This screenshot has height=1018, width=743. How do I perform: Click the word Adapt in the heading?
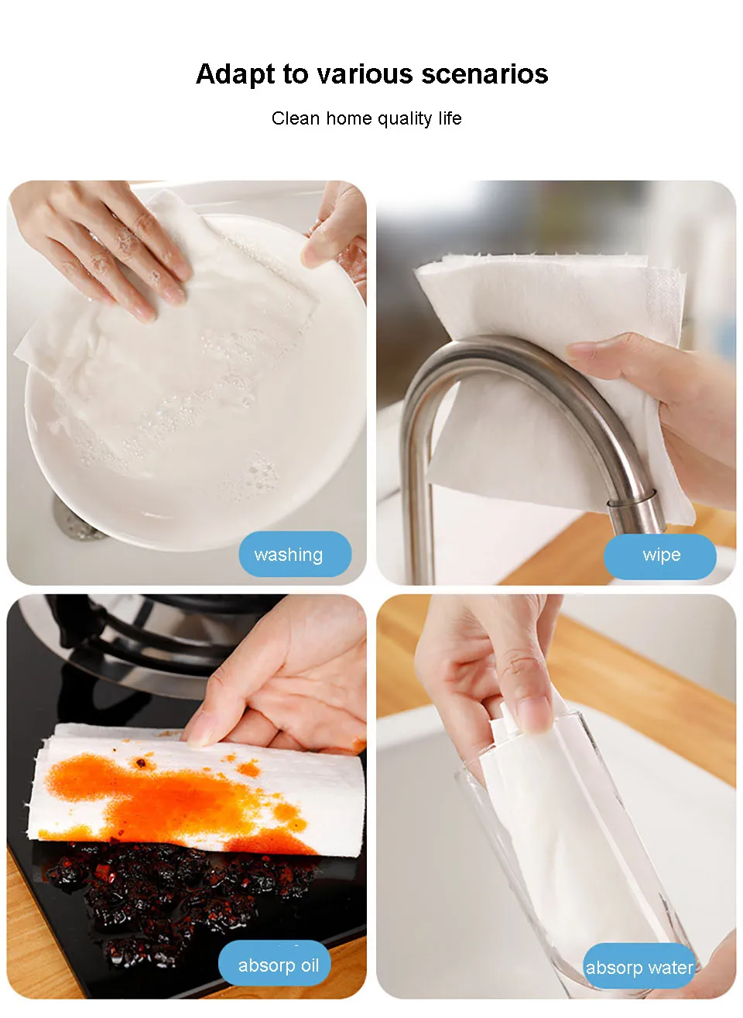click(x=235, y=74)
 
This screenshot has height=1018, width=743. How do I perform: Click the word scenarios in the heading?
click(x=484, y=73)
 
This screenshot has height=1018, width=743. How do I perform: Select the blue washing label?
click(x=295, y=554)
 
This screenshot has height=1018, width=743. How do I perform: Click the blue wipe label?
click(x=659, y=556)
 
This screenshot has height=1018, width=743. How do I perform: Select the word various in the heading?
click(x=365, y=73)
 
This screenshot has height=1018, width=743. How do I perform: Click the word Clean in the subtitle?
click(x=296, y=118)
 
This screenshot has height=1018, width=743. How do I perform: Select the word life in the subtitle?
click(x=450, y=118)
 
